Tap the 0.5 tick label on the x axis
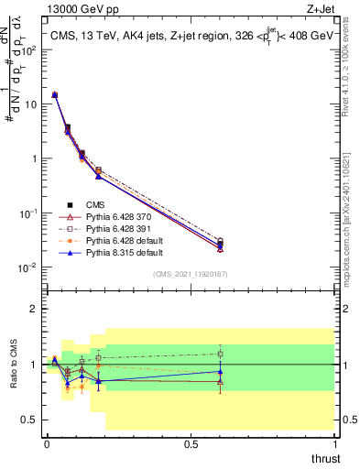point(190,444)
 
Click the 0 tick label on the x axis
point(46,444)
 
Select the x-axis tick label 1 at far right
point(334,444)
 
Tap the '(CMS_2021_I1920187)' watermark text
point(190,274)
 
